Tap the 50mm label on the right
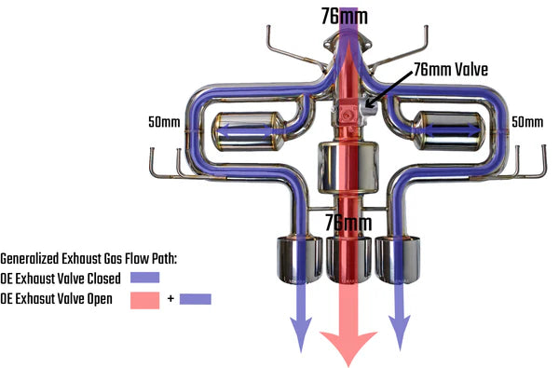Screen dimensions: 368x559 pyautogui.click(x=527, y=122)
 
